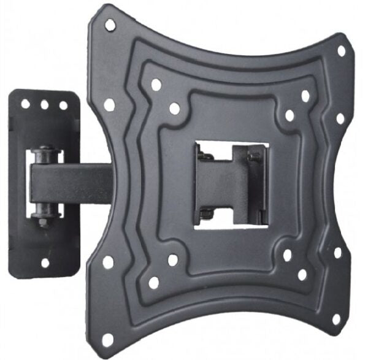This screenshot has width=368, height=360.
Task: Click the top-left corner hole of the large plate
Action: coord(110,25)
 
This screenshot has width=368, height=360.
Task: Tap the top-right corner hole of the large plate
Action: coord(342,50)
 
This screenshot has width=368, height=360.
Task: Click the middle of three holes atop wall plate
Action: coord(44,105)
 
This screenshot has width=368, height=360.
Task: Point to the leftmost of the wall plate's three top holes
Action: coord(26,104)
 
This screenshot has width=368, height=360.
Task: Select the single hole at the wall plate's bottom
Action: coord(44,262)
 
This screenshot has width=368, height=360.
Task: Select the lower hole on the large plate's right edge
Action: coord(338,253)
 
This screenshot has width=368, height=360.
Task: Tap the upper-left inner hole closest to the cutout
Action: coord(174,109)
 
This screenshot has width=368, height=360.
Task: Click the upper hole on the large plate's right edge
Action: coord(340,117)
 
